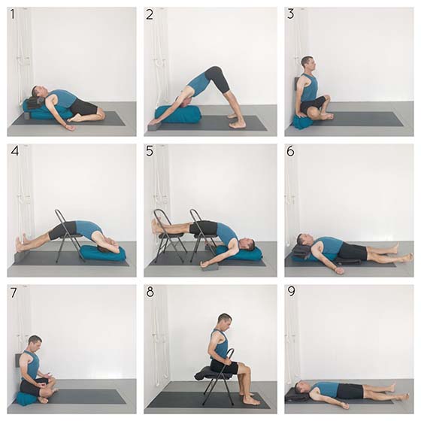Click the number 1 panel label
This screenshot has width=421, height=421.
pyautogui.click(x=12, y=14)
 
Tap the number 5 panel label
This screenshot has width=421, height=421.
pyautogui.click(x=150, y=151)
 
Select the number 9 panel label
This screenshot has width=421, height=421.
pyautogui.click(x=291, y=292)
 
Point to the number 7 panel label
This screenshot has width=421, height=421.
pyautogui.click(x=14, y=292)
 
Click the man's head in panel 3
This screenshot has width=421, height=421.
pyautogui.click(x=307, y=63)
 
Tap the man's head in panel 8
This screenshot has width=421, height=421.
pyautogui.click(x=225, y=322)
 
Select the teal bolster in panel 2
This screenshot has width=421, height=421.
pyautogui.click(x=177, y=114)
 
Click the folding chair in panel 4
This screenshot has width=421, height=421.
pyautogui.click(x=69, y=236)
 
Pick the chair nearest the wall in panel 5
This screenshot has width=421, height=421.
pyautogui.click(x=168, y=236)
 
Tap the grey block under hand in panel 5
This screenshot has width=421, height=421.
pyautogui.click(x=210, y=267)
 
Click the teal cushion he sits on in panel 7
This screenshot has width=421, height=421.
pyautogui.click(x=28, y=398)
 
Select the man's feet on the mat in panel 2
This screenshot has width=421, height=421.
pyautogui.click(x=236, y=121)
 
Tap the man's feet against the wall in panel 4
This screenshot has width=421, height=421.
pyautogui.click(x=21, y=243)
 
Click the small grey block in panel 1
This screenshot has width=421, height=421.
pyautogui.click(x=27, y=116)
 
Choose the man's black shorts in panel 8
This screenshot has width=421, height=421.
pyautogui.click(x=225, y=366)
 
